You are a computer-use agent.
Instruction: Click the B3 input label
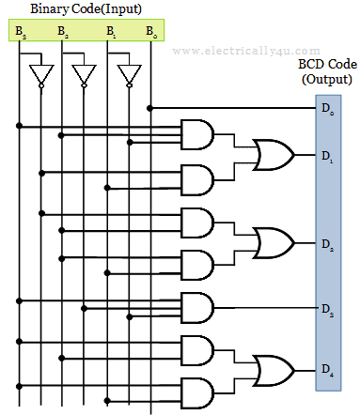coord(20,32)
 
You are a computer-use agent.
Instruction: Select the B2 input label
coord(63,32)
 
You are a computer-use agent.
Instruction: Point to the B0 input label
coord(151,32)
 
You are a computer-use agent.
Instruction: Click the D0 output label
coord(326,110)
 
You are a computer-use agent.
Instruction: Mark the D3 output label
coord(326,308)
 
